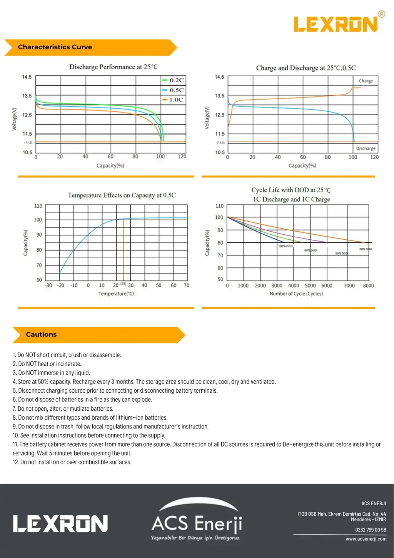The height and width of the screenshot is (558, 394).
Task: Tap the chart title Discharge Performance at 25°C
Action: click(113, 67)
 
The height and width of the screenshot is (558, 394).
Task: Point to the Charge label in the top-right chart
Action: click(366, 81)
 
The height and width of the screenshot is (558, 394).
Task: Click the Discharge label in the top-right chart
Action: click(366, 148)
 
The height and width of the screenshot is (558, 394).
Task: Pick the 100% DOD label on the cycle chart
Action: click(285, 246)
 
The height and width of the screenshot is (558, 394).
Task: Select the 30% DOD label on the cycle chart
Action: click(366, 249)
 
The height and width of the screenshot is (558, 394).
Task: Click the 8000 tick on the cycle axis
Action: click(368, 286)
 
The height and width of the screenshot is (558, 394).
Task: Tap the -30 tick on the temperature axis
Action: click(48, 286)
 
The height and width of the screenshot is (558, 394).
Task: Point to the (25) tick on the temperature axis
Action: click(123, 284)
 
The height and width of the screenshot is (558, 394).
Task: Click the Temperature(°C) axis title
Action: click(116, 294)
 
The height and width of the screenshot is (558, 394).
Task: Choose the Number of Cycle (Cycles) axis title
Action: click(296, 294)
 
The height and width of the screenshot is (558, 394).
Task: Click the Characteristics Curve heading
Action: click(55, 47)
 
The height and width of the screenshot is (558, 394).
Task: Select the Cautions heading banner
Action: click(41, 334)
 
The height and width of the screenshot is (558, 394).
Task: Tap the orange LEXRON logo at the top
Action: click(336, 24)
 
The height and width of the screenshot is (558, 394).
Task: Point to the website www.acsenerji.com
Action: click(366, 539)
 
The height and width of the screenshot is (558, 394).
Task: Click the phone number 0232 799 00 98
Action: click(371, 530)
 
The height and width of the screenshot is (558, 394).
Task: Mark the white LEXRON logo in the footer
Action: click(60, 524)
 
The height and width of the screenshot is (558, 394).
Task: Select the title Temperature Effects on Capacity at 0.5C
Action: click(122, 195)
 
